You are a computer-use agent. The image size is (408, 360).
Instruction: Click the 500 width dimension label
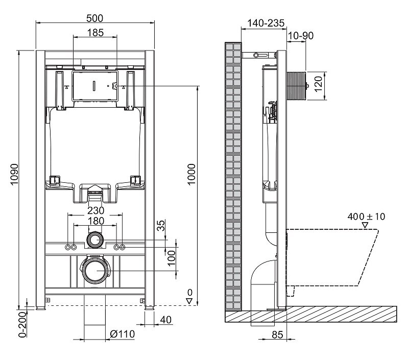tap(94, 18)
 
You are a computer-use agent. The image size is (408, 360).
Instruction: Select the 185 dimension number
tap(95, 33)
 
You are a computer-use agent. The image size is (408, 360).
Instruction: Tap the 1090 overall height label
tap(15, 174)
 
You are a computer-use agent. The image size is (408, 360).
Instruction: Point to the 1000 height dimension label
tap(191, 174)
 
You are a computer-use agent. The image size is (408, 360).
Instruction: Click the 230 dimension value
tap(96, 210)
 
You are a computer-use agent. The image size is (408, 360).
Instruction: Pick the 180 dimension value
tap(96, 221)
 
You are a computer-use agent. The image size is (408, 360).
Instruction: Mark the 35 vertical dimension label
tap(161, 226)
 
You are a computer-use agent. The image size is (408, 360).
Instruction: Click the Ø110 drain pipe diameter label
tap(122, 334)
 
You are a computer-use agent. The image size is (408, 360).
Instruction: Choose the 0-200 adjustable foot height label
tap(23, 324)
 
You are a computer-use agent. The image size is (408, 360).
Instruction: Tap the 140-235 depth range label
tap(266, 23)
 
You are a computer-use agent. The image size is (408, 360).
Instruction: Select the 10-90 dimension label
tap(301, 36)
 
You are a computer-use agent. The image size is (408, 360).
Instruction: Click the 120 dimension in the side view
tap(319, 84)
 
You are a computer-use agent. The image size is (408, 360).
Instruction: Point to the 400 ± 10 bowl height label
tap(366, 217)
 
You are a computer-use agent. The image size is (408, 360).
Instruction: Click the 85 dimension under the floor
tap(277, 335)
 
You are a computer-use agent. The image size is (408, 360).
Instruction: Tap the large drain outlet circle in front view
tap(96, 271)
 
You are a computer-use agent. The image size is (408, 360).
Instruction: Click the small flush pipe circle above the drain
tap(95, 239)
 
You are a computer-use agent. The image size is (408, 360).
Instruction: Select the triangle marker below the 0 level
tap(189, 301)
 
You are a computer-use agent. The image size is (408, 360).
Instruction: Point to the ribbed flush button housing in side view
tap(296, 85)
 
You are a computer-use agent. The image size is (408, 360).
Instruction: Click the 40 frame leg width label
tap(166, 320)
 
